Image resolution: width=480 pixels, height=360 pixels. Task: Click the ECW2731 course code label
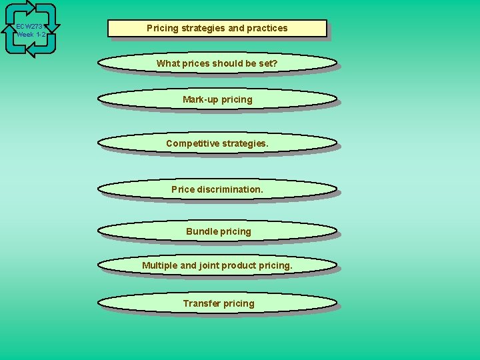[x=30, y=26]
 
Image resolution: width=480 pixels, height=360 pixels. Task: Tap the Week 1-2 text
[x=31, y=34]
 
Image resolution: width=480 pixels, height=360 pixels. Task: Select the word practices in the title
[x=267, y=28]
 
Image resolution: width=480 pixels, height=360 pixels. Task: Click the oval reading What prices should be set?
[x=217, y=63]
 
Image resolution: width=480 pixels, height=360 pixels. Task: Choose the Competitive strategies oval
[x=217, y=143]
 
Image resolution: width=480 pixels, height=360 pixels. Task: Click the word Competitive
[x=191, y=143]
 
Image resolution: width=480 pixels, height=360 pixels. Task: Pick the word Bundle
[x=201, y=231]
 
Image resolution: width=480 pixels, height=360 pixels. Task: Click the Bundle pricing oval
[x=217, y=231]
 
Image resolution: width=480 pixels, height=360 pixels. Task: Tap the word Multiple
[x=160, y=265]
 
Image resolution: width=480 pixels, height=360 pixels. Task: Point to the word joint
[x=209, y=265]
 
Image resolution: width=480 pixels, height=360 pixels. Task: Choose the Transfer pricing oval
[x=217, y=303]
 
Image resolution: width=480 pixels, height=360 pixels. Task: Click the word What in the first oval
[x=168, y=63]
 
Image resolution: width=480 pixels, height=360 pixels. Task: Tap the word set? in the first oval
[x=268, y=63]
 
